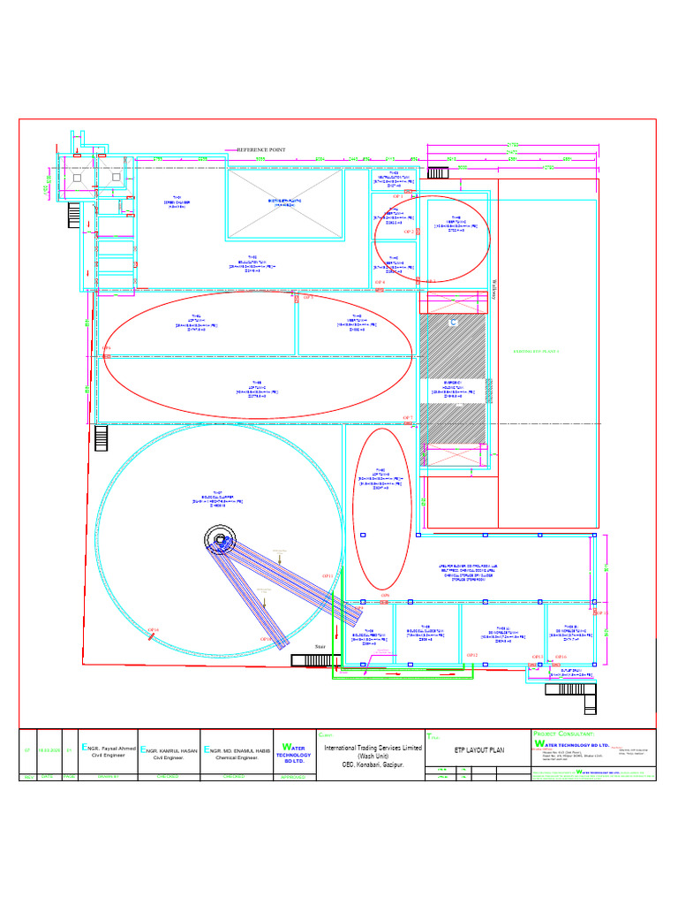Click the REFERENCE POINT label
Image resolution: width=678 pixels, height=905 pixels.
260,150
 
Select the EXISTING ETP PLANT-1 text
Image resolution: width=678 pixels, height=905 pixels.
537,351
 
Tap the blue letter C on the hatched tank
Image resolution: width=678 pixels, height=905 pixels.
454,324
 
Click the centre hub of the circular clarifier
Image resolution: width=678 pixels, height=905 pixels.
220,538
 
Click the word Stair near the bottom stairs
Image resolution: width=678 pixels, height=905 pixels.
320,647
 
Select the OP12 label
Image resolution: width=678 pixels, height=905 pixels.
471,655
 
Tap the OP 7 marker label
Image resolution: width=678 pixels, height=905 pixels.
408,417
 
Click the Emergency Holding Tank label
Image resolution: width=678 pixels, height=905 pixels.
455,389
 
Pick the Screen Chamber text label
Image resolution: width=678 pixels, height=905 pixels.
177,202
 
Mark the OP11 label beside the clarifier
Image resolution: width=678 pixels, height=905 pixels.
328,575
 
